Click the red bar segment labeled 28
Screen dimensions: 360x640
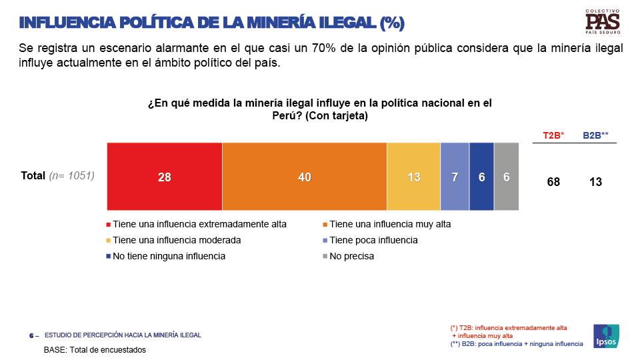pyautogui.click(x=165, y=177)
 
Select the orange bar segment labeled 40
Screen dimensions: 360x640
pyautogui.click(x=305, y=177)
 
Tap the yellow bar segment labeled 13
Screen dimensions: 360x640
pyautogui.click(x=414, y=177)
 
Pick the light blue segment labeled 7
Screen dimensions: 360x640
pyautogui.click(x=455, y=177)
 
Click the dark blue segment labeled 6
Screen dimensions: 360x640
pyautogui.click(x=481, y=177)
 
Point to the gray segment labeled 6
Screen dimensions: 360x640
pyautogui.click(x=506, y=177)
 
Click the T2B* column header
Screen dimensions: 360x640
pyautogui.click(x=553, y=135)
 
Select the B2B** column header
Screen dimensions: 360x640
pyautogui.click(x=595, y=135)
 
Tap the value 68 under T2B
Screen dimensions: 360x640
pyautogui.click(x=553, y=181)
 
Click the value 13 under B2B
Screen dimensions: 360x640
pyautogui.click(x=595, y=181)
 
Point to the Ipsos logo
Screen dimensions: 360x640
pyautogui.click(x=606, y=335)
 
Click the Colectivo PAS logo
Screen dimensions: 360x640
pyautogui.click(x=603, y=22)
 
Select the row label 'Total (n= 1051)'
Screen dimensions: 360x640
pyautogui.click(x=58, y=176)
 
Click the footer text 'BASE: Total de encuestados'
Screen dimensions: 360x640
pyautogui.click(x=95, y=349)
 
